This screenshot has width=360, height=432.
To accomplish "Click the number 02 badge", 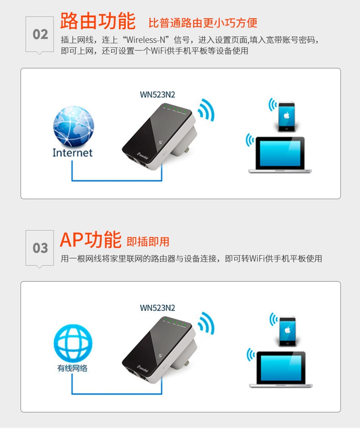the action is click(40, 35).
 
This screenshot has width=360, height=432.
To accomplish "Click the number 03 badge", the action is click(40, 248).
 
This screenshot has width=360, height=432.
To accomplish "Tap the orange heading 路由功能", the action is click(98, 21).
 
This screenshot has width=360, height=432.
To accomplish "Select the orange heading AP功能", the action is click(90, 240).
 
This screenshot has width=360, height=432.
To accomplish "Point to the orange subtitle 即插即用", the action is click(148, 241).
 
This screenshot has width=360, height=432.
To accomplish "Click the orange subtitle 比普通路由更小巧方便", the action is click(203, 23).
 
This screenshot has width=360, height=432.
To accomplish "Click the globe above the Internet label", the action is click(73, 126).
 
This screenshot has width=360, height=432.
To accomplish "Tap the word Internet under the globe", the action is click(72, 153).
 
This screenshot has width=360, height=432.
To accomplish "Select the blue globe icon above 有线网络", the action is click(73, 343).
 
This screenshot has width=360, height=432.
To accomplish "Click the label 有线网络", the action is click(72, 368).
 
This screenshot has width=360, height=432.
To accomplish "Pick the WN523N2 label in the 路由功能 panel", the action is click(157, 95).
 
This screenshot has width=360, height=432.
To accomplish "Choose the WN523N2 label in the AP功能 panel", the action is click(157, 308).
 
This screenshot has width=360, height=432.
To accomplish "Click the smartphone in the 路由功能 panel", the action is click(287, 117).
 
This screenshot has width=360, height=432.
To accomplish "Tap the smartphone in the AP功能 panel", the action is click(288, 332).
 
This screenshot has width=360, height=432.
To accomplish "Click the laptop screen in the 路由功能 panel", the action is click(280, 154).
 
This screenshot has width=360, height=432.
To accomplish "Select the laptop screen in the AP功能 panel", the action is click(281, 368).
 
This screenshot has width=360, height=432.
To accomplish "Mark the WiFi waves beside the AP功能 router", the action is click(206, 324).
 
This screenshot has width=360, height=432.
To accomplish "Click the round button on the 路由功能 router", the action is click(160, 143).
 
